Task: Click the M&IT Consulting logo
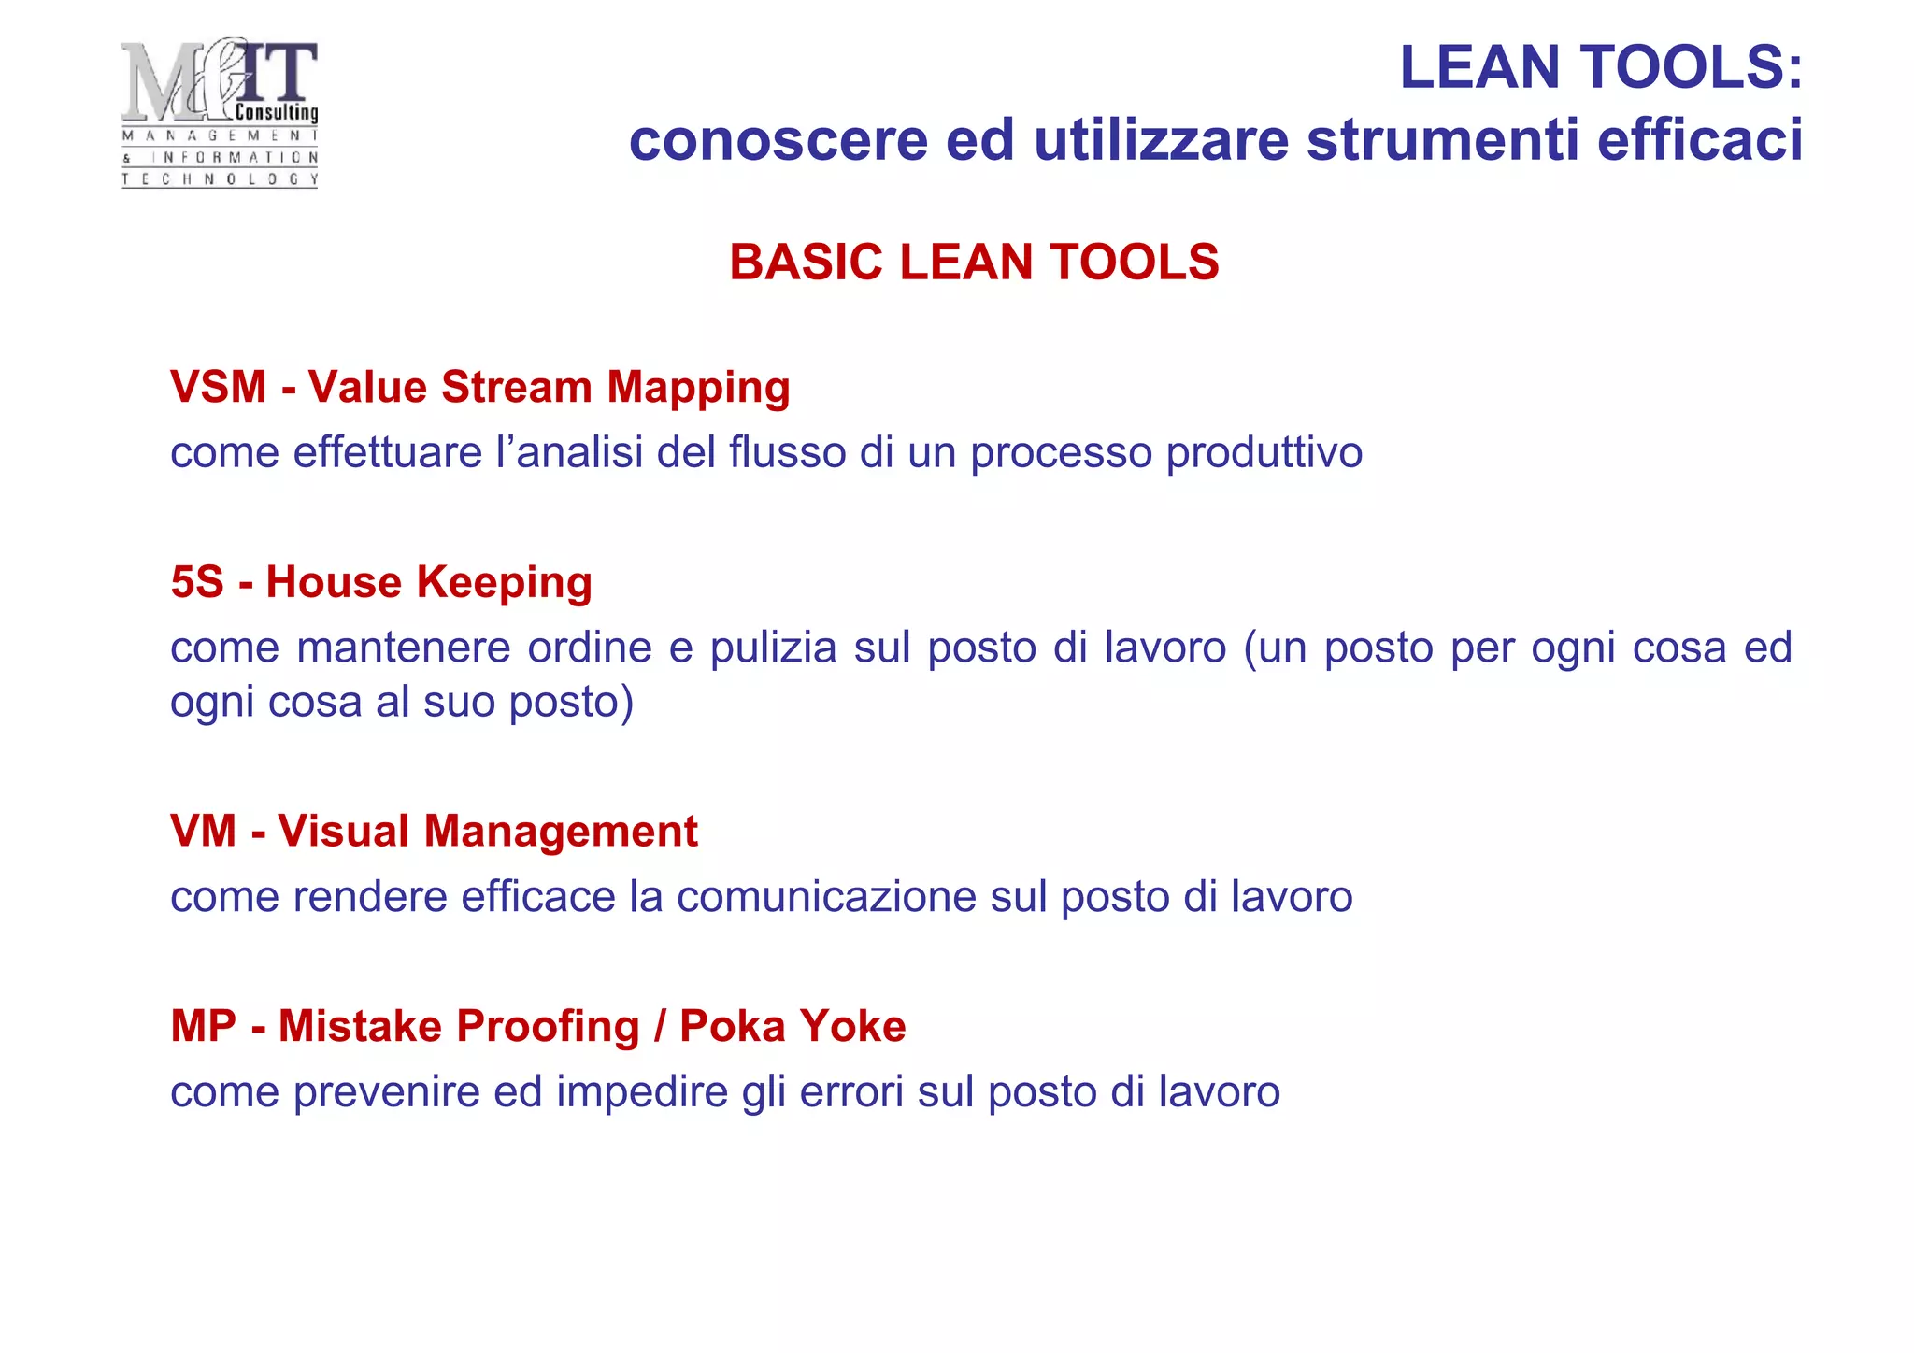(x=220, y=112)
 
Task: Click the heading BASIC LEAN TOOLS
(x=974, y=262)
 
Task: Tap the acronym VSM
(x=218, y=387)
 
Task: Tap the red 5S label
(x=197, y=582)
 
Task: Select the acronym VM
(x=203, y=832)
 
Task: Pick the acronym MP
(x=203, y=1026)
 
